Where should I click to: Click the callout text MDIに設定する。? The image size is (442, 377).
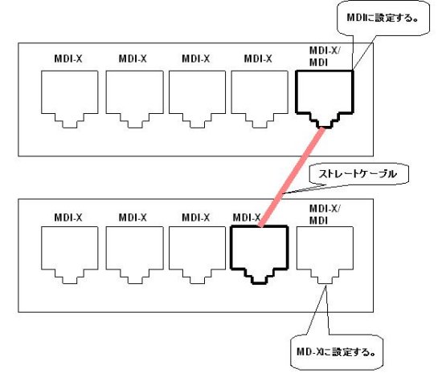[383, 18]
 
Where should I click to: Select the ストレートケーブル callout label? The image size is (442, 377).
[358, 174]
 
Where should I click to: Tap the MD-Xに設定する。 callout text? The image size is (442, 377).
[336, 351]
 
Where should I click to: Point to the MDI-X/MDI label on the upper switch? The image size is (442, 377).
[325, 56]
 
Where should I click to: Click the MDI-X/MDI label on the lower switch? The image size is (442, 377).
[325, 214]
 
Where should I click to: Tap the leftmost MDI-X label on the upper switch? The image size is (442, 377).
[68, 59]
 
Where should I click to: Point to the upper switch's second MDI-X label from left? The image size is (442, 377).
[133, 59]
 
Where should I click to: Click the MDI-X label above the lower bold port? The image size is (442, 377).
[247, 217]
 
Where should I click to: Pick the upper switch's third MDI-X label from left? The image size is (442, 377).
[196, 59]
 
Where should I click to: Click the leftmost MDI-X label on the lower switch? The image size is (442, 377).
[68, 217]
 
